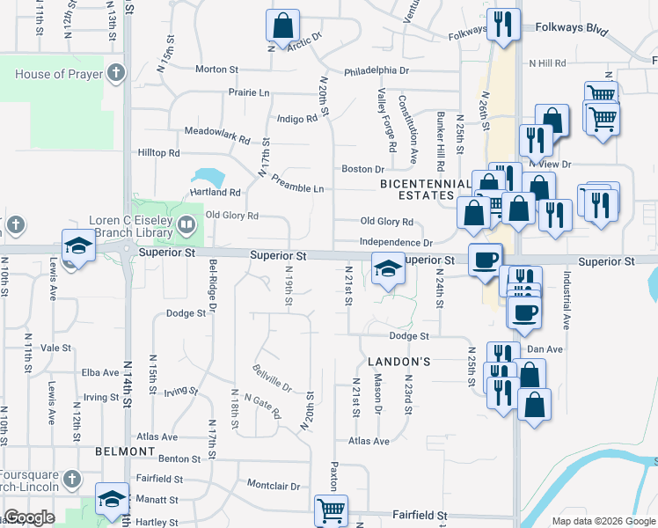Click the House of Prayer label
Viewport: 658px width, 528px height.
pos(59,74)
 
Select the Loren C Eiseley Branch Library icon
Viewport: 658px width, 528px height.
pos(186,224)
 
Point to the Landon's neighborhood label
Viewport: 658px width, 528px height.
pos(398,362)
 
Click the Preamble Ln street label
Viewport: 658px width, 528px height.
pos(297,188)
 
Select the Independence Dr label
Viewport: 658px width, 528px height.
pos(396,242)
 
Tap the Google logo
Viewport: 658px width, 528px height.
pos(30,518)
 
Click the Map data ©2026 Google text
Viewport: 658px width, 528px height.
pos(603,521)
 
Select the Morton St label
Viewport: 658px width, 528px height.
pos(216,69)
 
